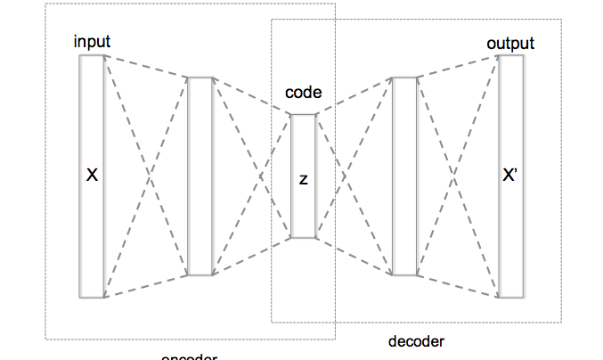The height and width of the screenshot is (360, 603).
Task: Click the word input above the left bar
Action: pos(94,42)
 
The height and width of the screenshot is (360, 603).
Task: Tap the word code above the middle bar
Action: pos(303,93)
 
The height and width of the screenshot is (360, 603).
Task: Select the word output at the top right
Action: pos(510,43)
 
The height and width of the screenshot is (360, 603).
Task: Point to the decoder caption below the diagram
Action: pos(416,341)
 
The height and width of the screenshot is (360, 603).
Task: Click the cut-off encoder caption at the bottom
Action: pos(189,356)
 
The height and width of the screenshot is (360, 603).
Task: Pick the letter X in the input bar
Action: pos(91,176)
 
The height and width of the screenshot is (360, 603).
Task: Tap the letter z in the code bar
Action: pos(303,179)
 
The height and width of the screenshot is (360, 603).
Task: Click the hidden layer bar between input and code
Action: pos(200,176)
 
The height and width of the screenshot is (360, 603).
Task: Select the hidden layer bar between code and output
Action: pos(404,176)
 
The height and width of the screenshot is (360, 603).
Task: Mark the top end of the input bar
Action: pos(92,57)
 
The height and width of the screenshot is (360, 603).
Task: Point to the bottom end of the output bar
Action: pos(510,295)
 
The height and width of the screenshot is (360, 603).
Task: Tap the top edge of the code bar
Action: pos(303,114)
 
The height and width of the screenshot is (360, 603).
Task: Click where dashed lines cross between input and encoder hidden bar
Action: pos(146,176)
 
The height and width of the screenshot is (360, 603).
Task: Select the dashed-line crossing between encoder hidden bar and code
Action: pos(252,176)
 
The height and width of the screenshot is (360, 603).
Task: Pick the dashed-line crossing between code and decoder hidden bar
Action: pos(354,176)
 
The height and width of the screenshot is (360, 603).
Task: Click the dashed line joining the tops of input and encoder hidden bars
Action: pos(146,68)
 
